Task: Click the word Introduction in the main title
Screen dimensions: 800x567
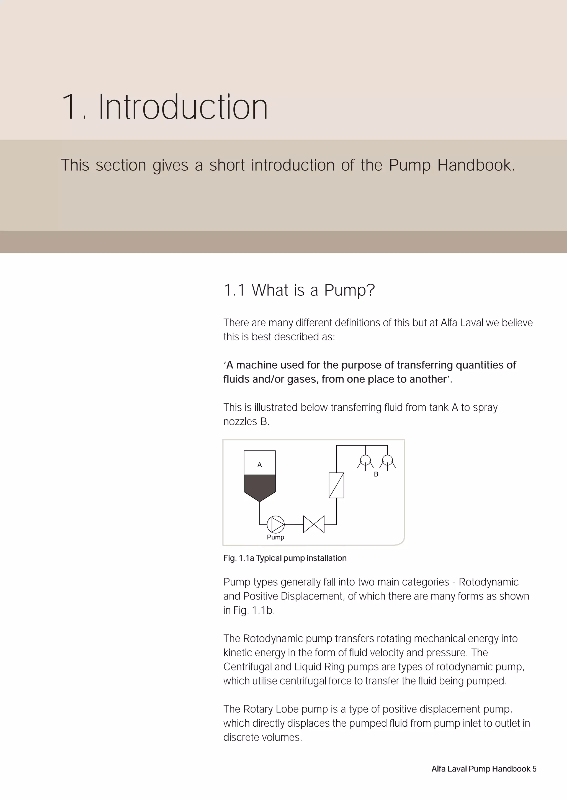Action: [183, 107]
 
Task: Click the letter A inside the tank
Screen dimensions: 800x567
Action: [259, 465]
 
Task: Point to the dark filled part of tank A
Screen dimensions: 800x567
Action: [259, 486]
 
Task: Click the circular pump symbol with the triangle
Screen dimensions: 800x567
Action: [276, 524]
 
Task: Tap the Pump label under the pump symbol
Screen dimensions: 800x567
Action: [275, 537]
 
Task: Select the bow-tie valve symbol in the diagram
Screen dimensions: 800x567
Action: [313, 524]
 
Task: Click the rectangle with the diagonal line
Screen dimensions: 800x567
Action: [336, 485]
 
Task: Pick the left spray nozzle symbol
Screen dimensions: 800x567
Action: [365, 461]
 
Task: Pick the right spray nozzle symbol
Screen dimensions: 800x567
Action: [388, 461]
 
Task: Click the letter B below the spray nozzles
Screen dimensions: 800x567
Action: [376, 474]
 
